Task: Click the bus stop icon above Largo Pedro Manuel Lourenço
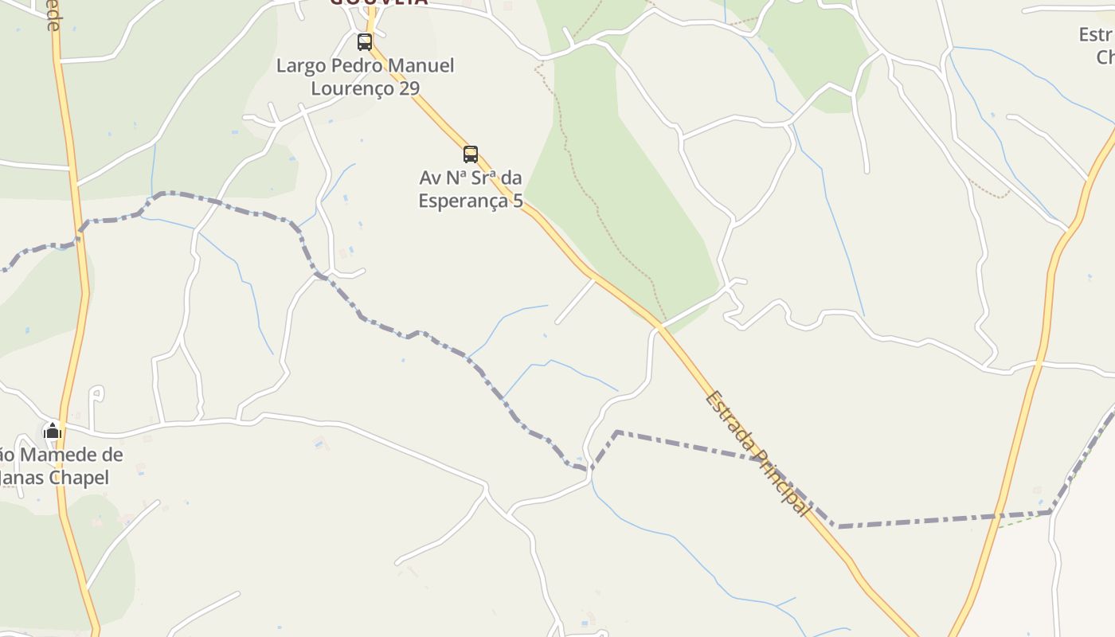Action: [x=365, y=42]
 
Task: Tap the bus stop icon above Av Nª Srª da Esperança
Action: [x=471, y=154]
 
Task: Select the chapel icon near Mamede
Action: [x=53, y=431]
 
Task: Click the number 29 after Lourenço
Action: [x=409, y=88]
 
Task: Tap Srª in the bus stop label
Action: [x=486, y=177]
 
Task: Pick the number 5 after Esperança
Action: [x=518, y=200]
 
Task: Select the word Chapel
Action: [x=79, y=478]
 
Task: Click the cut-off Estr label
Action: [x=1096, y=34]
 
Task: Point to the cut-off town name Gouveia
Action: [x=378, y=2]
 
